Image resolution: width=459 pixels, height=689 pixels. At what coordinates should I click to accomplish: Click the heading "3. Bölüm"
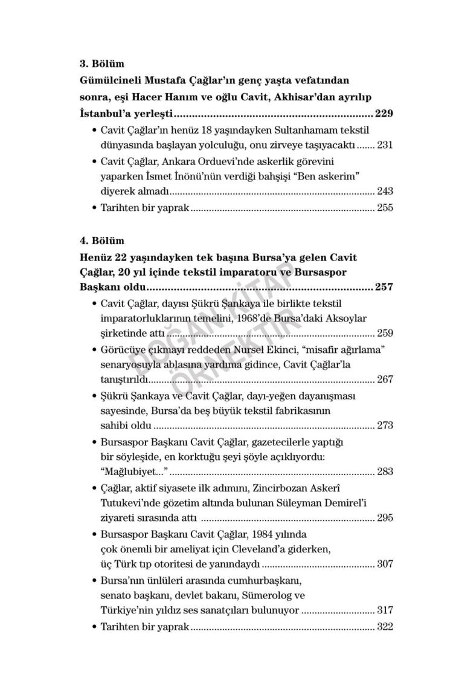click(102, 63)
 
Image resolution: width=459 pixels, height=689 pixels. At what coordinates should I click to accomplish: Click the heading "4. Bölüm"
click(102, 240)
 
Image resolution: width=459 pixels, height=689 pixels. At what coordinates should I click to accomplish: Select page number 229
click(384, 113)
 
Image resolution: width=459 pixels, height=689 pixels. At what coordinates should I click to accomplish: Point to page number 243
click(385, 192)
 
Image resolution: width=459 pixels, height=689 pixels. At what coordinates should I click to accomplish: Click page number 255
click(385, 208)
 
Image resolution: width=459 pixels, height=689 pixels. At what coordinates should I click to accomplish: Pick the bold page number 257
click(384, 286)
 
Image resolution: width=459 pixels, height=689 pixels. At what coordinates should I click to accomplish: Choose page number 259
click(385, 333)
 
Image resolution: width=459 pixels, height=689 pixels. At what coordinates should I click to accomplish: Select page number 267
click(385, 380)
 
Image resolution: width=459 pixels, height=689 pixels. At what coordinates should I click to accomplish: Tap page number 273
click(385, 425)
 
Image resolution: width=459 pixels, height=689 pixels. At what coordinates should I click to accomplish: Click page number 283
click(385, 471)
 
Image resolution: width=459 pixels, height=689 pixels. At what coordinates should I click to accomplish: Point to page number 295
click(385, 518)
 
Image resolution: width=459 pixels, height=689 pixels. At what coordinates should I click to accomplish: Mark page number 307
click(385, 564)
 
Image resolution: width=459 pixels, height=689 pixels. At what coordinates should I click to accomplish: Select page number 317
click(385, 610)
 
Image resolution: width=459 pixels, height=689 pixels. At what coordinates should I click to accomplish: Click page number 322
click(385, 627)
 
